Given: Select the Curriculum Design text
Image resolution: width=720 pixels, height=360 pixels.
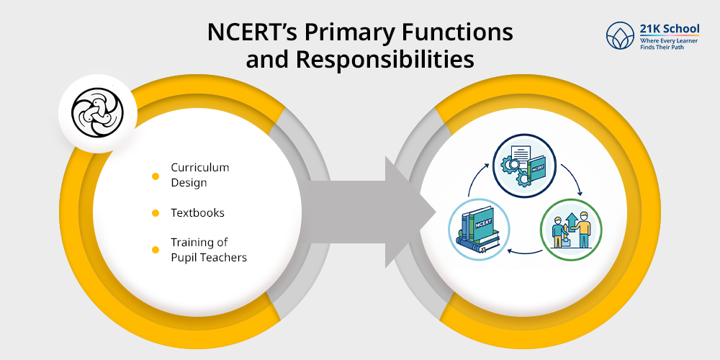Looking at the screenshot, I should [x=199, y=175].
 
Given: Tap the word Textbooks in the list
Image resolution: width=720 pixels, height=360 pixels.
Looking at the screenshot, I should [x=197, y=213].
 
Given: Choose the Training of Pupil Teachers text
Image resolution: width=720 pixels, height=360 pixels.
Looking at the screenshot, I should [x=208, y=249].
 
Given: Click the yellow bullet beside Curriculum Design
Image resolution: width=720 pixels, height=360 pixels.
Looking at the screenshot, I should [x=156, y=176].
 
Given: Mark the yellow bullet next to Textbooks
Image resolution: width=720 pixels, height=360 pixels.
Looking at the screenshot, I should [x=156, y=213].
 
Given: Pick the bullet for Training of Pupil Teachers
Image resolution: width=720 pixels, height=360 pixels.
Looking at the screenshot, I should [x=156, y=250].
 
